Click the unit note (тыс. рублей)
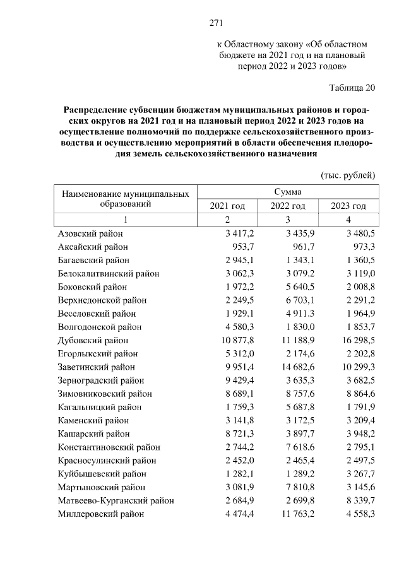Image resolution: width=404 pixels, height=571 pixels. [x=348, y=174]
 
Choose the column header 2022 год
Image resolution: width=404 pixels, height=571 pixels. [x=288, y=206]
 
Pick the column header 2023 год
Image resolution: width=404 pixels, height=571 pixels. [x=348, y=206]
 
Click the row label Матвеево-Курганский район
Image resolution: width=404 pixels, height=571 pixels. [x=116, y=501]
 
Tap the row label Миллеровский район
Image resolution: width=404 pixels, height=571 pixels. [x=100, y=514]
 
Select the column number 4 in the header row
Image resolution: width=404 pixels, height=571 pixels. [x=348, y=220]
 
